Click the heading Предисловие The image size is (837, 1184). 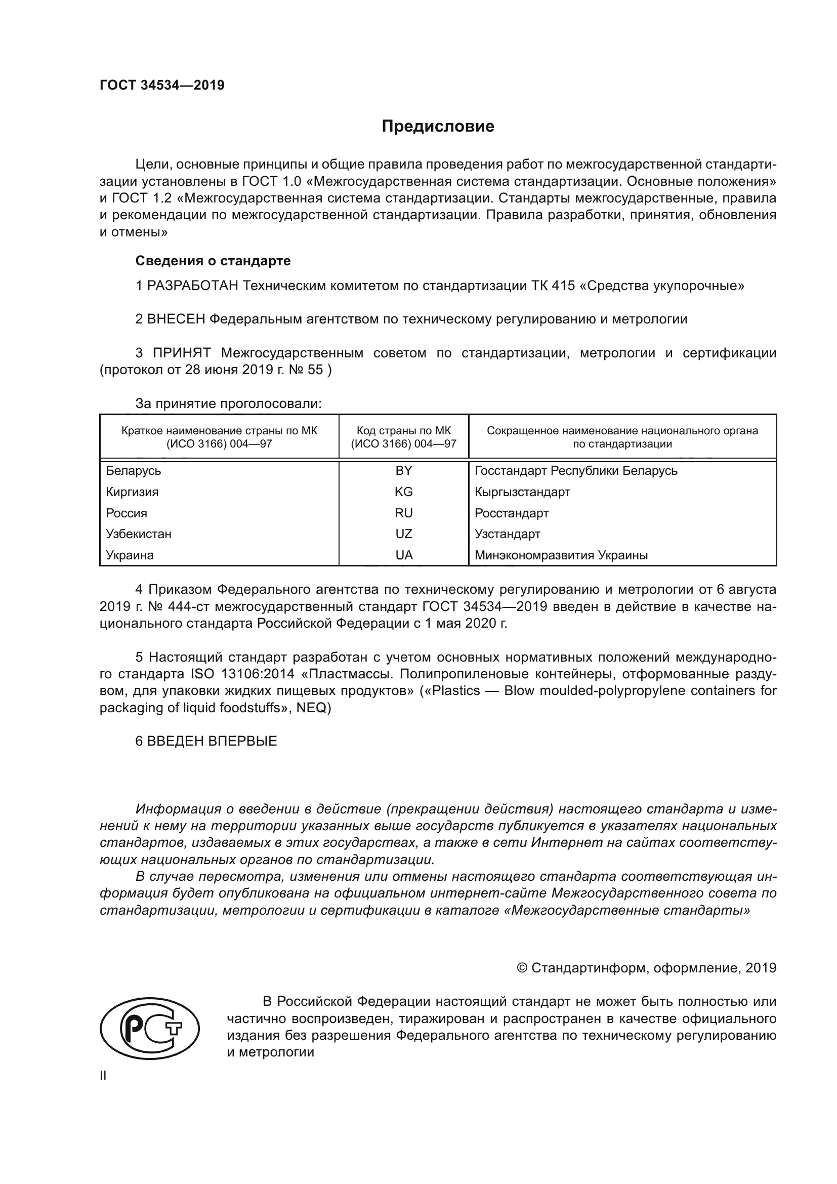[438, 127]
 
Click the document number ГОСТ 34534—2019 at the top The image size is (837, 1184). [162, 85]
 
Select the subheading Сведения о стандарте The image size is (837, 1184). [213, 261]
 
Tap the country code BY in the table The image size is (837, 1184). [403, 471]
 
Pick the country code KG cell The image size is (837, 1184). [403, 492]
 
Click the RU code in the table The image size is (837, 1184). [403, 513]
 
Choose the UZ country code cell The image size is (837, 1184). [403, 534]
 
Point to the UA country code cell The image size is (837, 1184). [403, 555]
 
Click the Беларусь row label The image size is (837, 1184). [134, 471]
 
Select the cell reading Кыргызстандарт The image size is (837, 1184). [522, 492]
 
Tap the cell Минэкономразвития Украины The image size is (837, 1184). [561, 555]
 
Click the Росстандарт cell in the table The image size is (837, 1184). [511, 513]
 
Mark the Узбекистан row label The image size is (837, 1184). [139, 534]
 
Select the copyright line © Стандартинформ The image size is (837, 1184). [646, 968]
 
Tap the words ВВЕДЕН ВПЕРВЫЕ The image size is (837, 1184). [212, 741]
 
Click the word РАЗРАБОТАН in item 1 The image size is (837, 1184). [193, 285]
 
